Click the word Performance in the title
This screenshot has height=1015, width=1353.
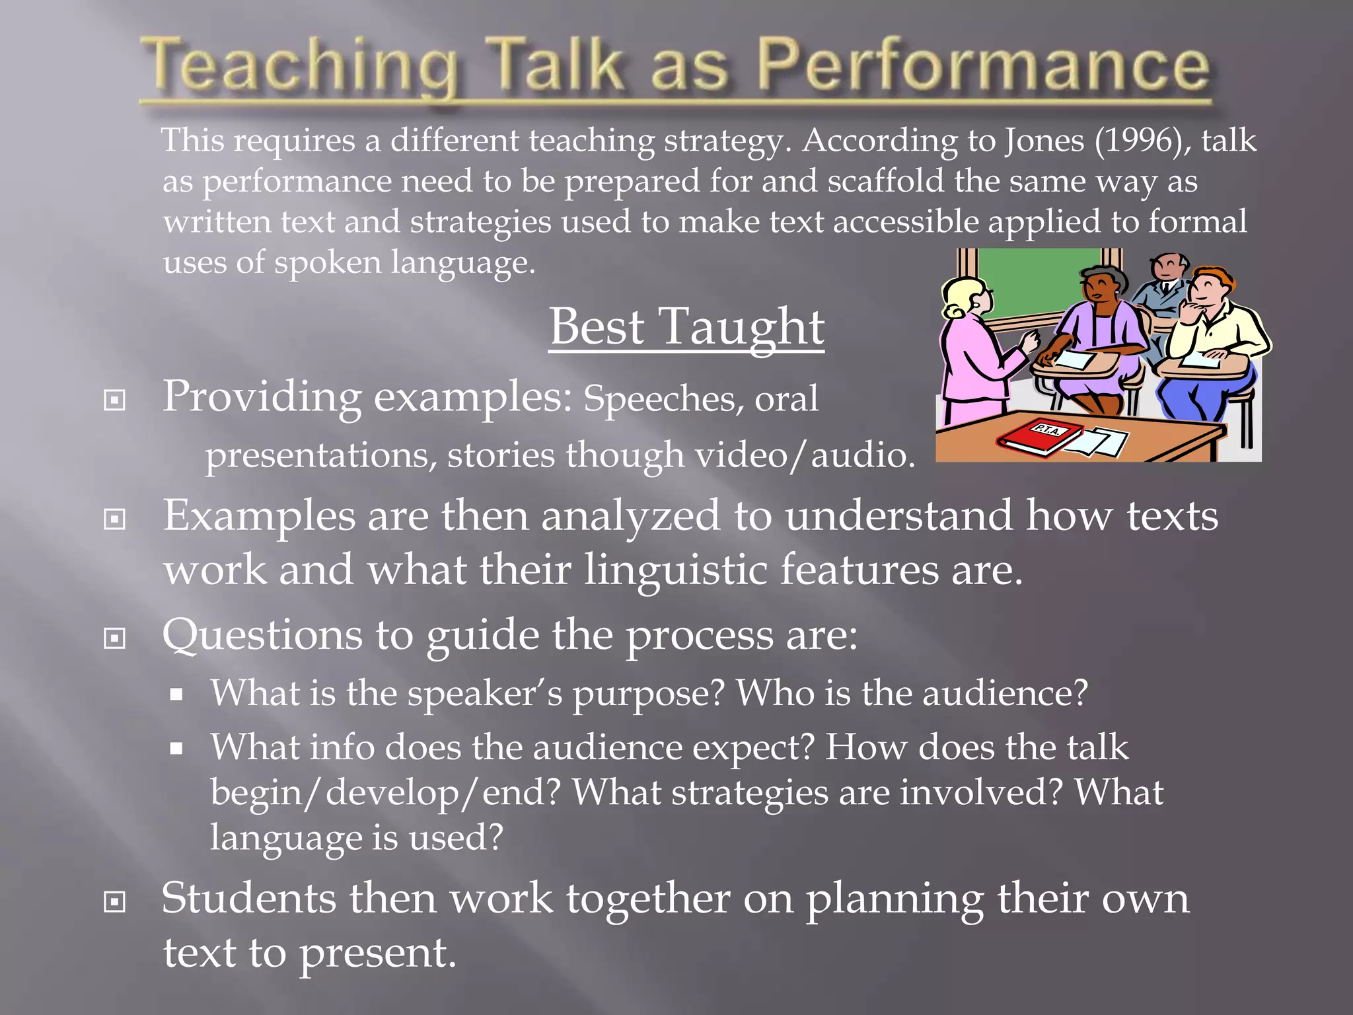click(x=982, y=66)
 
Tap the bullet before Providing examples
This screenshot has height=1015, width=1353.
click(x=115, y=400)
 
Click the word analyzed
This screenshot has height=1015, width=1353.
click(x=630, y=516)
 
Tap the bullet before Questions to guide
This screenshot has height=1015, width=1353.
click(x=115, y=638)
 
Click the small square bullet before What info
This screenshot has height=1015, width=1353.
click(x=176, y=749)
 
